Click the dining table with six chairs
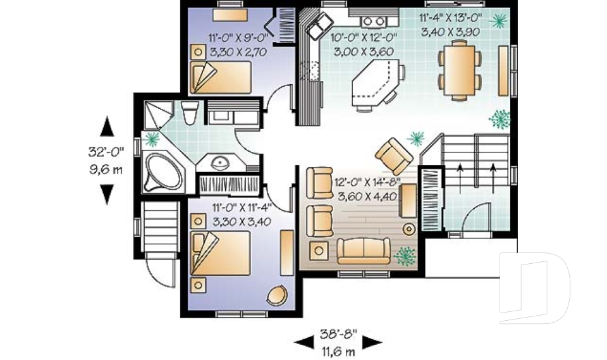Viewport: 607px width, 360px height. pyautogui.click(x=459, y=69)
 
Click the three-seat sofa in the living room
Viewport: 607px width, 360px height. pyautogui.click(x=363, y=251)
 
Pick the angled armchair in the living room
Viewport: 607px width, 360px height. pyautogui.click(x=395, y=155)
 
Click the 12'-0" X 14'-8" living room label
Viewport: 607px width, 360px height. pyautogui.click(x=369, y=182)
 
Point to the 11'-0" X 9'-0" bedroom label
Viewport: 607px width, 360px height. pyautogui.click(x=230, y=37)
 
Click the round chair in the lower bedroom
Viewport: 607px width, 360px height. pyautogui.click(x=277, y=295)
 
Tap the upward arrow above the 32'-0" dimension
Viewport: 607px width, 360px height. pyautogui.click(x=107, y=127)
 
